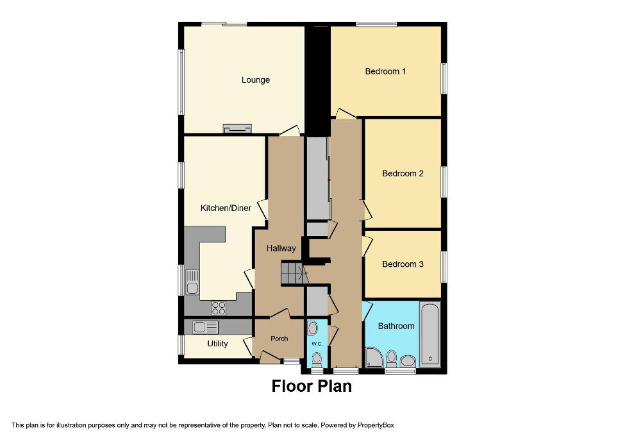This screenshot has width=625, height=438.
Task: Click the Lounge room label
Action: pos(255,80)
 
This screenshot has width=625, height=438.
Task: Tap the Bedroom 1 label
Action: pos(385,71)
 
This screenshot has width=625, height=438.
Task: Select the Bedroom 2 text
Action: pos(403,173)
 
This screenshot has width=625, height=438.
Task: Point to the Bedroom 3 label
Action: pos(403,264)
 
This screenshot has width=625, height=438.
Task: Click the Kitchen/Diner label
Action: pos(226,208)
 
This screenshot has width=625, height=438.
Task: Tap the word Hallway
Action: pos(281,248)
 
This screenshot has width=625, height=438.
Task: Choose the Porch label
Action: pos(279,339)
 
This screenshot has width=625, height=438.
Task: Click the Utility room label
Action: pos(217,344)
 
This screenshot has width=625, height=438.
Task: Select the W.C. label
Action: pos(317,344)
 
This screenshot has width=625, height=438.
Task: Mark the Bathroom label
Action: pos(396,326)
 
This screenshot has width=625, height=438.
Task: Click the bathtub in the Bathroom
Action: pos(429,333)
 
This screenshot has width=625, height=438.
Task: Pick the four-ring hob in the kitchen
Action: pos(218,308)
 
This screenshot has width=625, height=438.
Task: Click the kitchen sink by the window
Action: pos(192,282)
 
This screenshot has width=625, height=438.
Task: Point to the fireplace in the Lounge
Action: pos(237,129)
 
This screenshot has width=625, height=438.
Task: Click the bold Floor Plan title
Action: pos(312,386)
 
